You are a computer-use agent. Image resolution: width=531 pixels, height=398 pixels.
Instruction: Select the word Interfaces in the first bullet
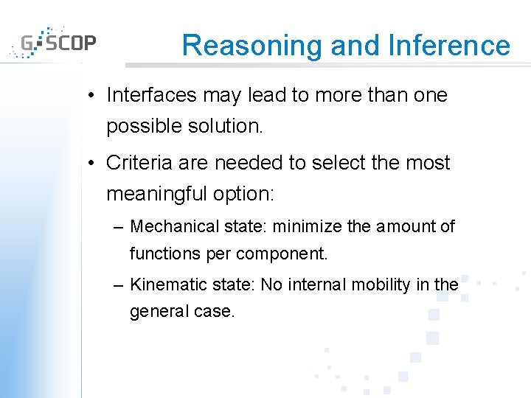[151, 95]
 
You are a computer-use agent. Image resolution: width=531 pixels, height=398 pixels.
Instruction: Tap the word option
[249, 194]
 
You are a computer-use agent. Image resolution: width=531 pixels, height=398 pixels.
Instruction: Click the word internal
[318, 284]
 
